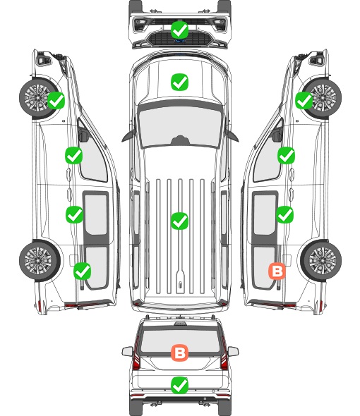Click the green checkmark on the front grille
(180, 30)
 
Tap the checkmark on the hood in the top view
(180, 82)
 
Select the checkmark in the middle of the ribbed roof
(180, 221)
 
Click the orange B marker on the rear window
(180, 353)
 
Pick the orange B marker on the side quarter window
(277, 271)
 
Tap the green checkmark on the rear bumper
(180, 385)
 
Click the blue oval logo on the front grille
(180, 41)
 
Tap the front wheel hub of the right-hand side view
(323, 97)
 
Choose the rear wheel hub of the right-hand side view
(323, 261)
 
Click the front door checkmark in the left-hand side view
(74, 155)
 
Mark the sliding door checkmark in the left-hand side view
(74, 214)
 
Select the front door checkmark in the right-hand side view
(286, 155)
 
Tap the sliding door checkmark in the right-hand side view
(284, 214)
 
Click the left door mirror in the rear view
(128, 352)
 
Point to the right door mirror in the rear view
(233, 352)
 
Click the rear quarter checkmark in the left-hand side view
(83, 271)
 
